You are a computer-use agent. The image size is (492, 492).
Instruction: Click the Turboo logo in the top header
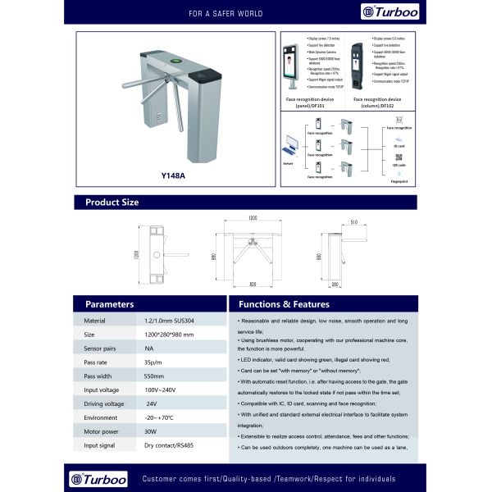[386, 12]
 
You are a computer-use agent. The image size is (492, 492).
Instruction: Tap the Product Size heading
[112, 202]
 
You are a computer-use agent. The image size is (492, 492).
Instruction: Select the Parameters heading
[110, 303]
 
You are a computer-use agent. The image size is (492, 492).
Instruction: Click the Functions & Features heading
[271, 303]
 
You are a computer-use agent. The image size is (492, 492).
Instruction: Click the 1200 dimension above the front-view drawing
[253, 218]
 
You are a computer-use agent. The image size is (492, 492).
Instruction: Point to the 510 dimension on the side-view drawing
[353, 221]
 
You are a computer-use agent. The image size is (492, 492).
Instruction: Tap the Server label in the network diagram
[287, 164]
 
